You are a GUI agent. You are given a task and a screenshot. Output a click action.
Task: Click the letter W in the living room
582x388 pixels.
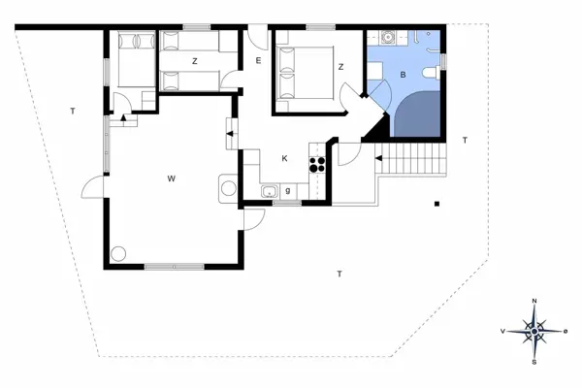tap(171, 178)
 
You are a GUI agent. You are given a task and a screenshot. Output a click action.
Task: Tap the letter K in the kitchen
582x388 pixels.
tap(284, 158)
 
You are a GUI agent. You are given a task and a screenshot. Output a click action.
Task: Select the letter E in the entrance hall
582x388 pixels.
tap(258, 61)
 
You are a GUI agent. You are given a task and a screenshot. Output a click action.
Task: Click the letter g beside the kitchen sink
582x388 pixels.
tap(288, 190)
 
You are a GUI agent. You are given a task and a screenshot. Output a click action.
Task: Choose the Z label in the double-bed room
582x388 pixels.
tap(341, 67)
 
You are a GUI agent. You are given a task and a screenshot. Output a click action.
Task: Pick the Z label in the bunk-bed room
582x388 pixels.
tap(195, 61)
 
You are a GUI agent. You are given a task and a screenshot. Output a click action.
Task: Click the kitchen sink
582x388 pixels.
tap(269, 190)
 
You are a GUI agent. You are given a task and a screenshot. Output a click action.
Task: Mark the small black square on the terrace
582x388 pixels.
tap(438, 204)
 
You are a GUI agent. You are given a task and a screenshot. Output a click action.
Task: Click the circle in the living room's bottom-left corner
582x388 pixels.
tap(118, 254)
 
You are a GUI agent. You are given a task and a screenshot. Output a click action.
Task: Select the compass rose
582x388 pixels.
tap(534, 332)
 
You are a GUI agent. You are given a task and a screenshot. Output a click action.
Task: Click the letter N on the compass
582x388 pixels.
tap(534, 302)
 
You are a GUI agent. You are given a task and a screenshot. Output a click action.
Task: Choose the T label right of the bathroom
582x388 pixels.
tap(465, 142)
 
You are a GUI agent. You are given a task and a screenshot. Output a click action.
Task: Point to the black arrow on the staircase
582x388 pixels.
tap(380, 157)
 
